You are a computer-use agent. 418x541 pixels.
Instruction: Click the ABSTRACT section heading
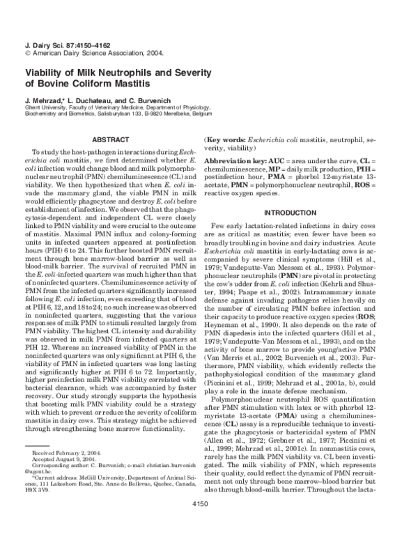110,139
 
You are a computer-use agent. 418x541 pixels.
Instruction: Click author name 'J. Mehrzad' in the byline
45,101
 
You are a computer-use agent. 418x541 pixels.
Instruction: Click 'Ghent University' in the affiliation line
45,109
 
